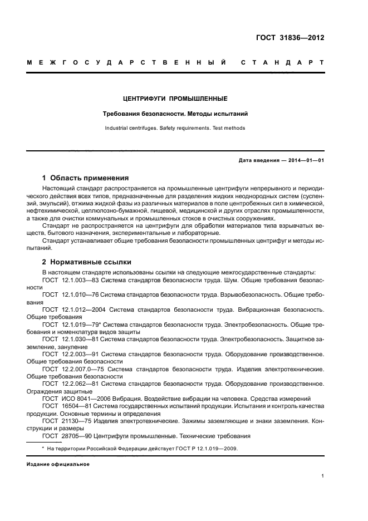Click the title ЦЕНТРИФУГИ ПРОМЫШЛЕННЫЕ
175,99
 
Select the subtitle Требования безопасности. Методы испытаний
175,114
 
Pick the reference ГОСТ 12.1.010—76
71,293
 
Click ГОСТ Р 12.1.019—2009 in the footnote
205,449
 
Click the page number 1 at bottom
322,476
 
